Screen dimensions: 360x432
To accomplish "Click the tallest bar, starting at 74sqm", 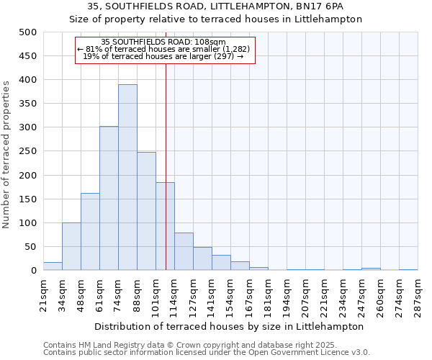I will coord(127,177).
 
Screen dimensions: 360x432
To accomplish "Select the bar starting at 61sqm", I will coord(109,198).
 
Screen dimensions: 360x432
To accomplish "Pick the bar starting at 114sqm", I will coord(184,251).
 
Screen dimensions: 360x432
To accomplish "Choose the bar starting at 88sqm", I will coord(146,211).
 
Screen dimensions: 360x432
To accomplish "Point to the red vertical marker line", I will coord(166,158).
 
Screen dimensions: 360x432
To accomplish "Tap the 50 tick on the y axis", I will coord(30,247).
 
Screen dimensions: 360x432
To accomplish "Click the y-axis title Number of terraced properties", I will coord(6,154).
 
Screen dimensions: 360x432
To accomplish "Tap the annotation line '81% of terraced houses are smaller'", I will coord(163,49).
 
